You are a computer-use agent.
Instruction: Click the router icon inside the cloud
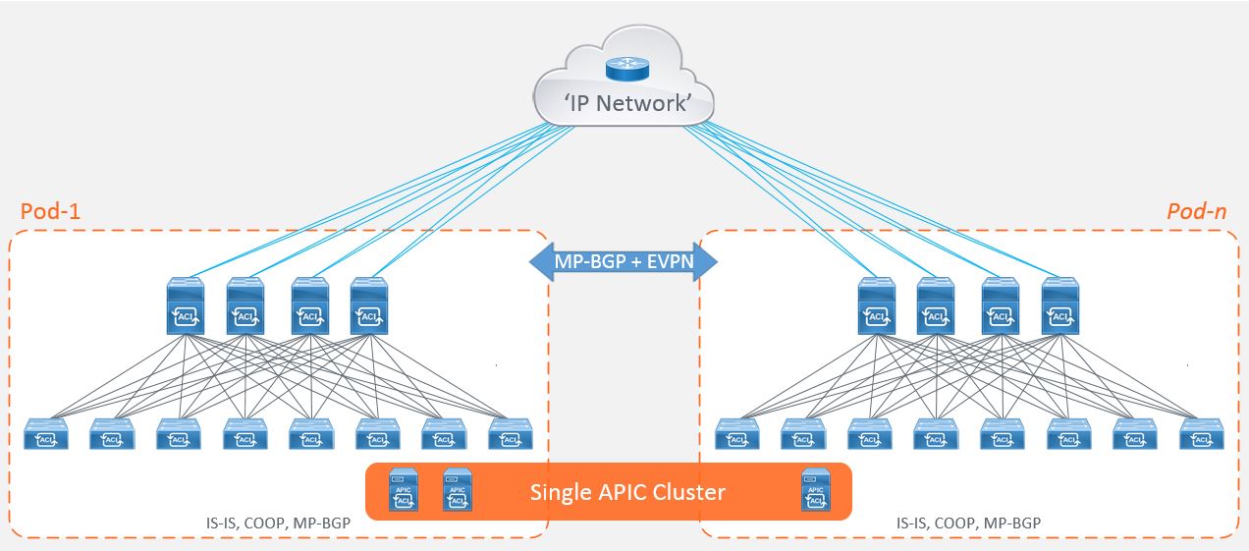click(x=621, y=68)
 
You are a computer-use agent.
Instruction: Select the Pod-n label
click(x=1196, y=212)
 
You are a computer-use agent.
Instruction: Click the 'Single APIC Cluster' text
click(x=627, y=491)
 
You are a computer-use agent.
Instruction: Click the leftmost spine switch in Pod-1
click(x=185, y=306)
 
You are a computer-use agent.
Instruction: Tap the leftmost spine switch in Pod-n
click(x=877, y=306)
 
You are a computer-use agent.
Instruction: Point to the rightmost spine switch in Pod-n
click(x=1059, y=306)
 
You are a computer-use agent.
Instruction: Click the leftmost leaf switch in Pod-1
click(x=45, y=435)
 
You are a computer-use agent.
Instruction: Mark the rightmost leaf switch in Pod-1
click(x=511, y=435)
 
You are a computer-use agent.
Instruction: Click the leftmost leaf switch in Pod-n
click(x=736, y=435)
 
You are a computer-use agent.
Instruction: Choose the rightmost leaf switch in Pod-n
click(x=1202, y=435)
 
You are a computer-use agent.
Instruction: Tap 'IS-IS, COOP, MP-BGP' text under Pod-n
click(x=969, y=523)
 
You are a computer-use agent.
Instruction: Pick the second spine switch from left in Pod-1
click(x=246, y=306)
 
